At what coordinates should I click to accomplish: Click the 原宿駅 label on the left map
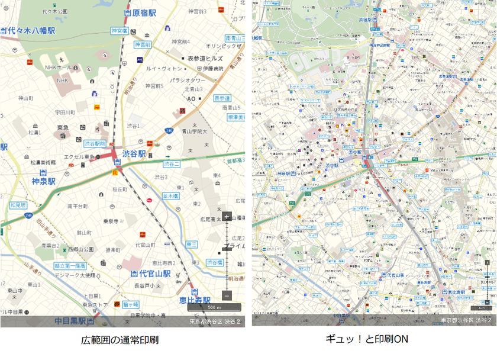pos(144,12)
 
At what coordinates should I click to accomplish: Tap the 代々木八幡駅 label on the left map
pos(31,31)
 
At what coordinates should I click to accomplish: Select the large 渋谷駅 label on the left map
pos(134,153)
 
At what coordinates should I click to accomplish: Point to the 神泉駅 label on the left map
pos(44,181)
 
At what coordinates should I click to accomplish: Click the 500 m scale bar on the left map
pos(214,307)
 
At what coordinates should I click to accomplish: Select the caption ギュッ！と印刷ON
pos(367,340)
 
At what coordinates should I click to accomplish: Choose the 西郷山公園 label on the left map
pos(80,249)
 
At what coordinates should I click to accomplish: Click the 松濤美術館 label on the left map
pos(43,162)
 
